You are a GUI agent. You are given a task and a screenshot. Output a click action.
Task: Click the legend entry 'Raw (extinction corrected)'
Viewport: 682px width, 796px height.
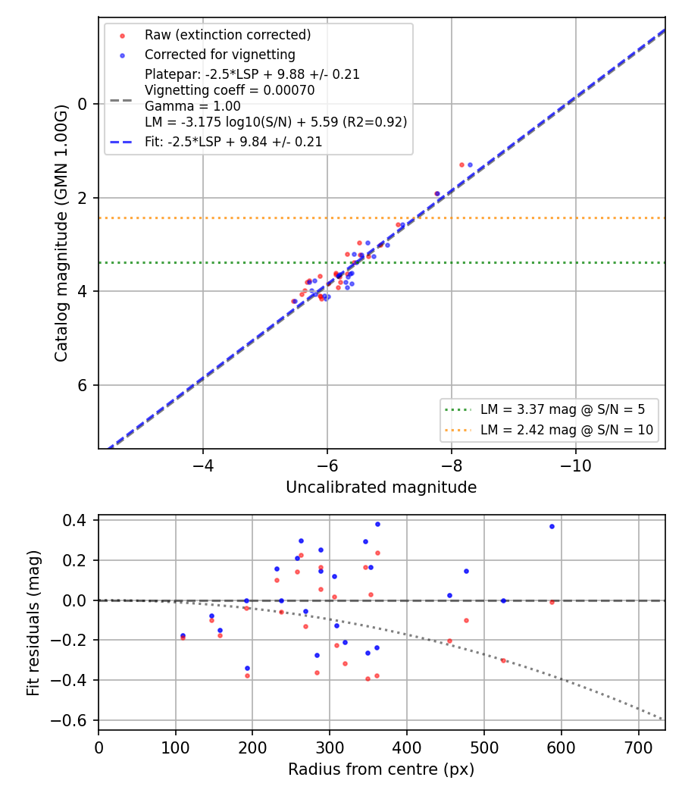tap(227, 35)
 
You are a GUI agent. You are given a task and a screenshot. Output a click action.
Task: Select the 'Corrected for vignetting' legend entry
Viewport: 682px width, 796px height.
tap(220, 55)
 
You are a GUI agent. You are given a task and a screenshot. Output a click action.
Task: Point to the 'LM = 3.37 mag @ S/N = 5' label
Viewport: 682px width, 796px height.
tap(562, 409)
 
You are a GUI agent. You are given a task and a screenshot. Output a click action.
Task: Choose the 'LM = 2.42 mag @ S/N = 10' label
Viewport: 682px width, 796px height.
tap(567, 430)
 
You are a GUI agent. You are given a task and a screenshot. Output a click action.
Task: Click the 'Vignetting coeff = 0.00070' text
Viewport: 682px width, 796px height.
tap(230, 90)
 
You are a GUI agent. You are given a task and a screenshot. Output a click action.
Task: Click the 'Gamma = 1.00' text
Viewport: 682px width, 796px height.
tap(192, 106)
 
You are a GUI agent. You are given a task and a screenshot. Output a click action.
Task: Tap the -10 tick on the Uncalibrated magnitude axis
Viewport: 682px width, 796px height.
tap(575, 465)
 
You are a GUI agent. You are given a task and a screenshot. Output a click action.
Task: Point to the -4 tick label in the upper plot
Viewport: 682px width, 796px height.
tap(203, 465)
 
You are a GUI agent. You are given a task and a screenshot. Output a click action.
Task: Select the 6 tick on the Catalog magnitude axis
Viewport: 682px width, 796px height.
tap(82, 385)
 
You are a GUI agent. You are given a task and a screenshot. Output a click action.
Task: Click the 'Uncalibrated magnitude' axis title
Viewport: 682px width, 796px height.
tap(381, 487)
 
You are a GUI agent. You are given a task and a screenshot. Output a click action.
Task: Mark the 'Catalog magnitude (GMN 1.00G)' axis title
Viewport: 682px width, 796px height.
tap(61, 233)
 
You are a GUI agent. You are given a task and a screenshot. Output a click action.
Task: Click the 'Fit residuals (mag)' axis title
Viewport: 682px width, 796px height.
tap(33, 623)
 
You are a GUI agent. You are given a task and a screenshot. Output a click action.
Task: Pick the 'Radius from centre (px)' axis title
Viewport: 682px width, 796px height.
tap(381, 769)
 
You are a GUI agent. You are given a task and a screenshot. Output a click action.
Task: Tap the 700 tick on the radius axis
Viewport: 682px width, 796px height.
tap(638, 747)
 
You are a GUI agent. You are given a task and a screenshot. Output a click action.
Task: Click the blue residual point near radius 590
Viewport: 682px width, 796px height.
tap(552, 526)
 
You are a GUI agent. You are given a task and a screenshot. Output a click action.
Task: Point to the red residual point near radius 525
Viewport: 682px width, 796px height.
tap(503, 660)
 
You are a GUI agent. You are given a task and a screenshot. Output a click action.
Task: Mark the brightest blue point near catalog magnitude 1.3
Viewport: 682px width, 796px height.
tap(470, 165)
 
